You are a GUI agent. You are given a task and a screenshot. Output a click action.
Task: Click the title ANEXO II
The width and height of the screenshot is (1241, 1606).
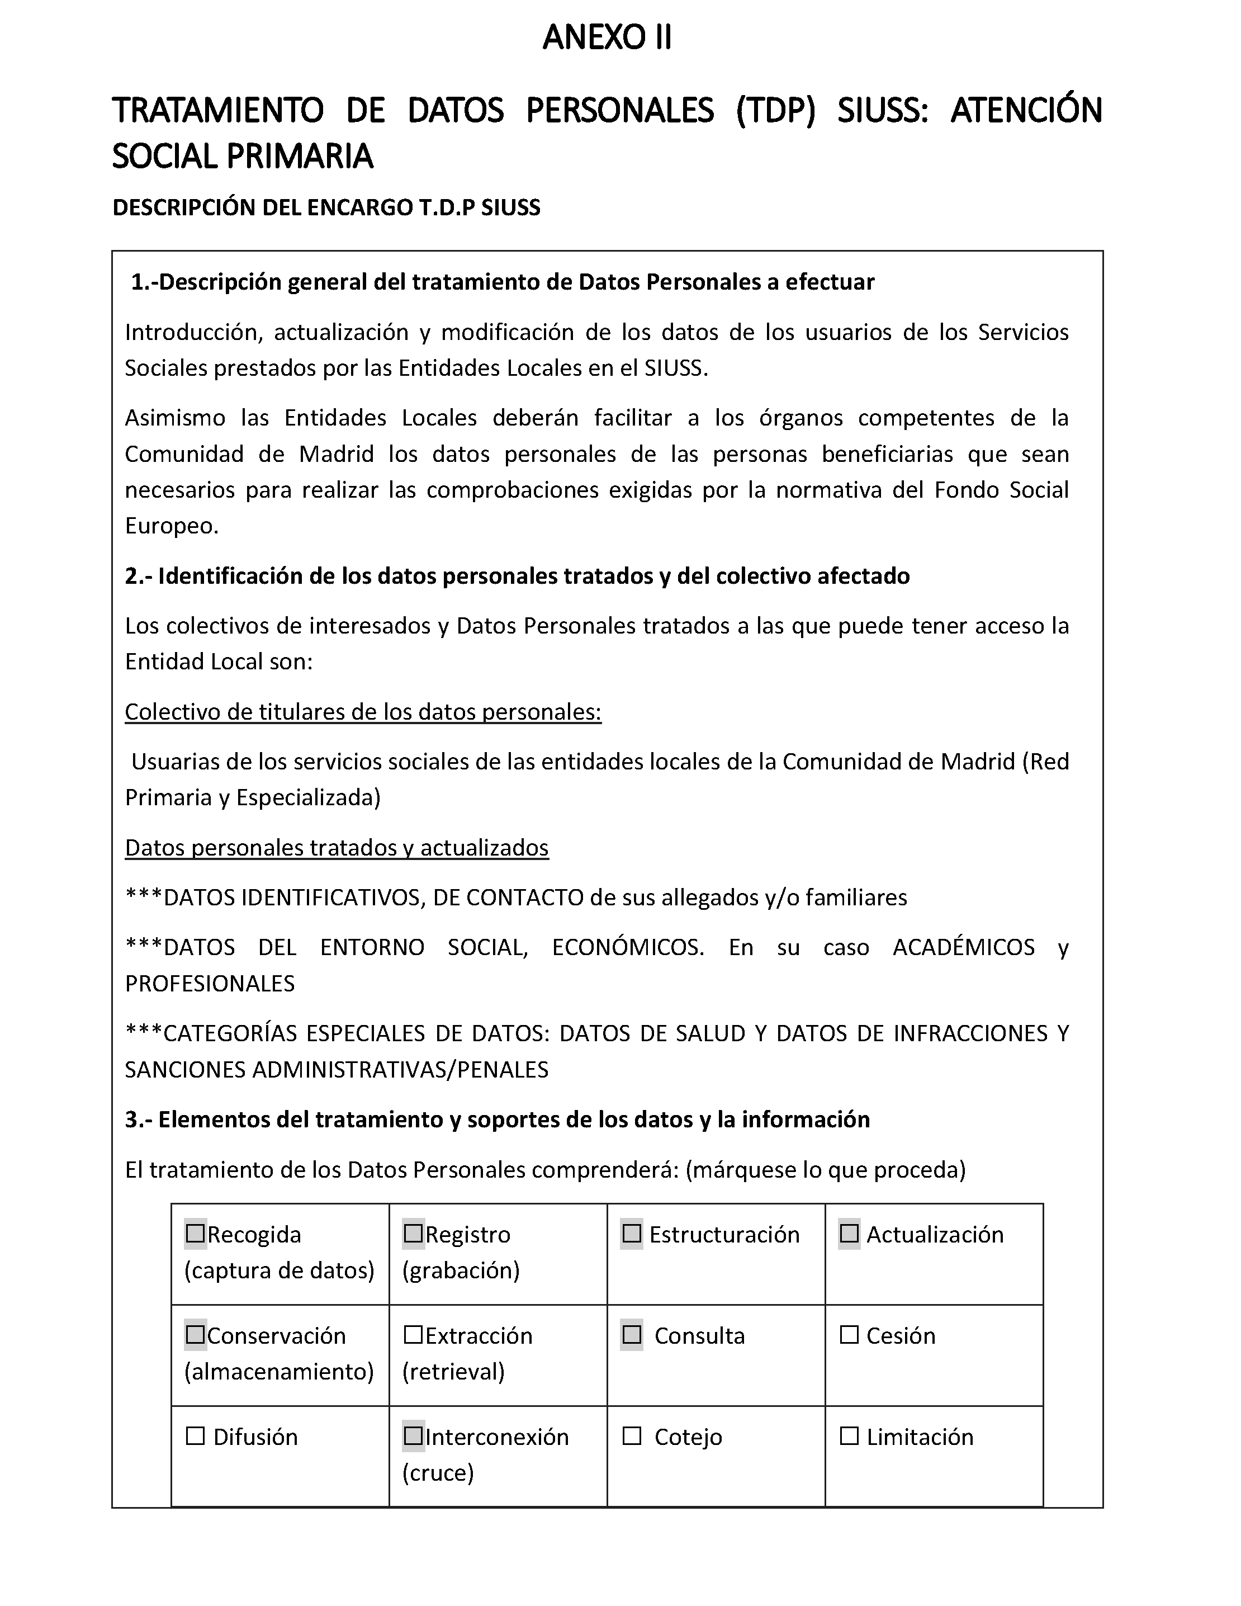tap(607, 37)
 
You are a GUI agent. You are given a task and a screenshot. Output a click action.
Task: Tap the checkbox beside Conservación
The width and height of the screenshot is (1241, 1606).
tap(196, 1335)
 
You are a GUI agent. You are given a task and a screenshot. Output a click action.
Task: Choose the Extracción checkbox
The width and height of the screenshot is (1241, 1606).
tap(414, 1335)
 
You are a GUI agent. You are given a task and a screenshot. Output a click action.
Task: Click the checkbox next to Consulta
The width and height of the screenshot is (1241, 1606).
tap(632, 1335)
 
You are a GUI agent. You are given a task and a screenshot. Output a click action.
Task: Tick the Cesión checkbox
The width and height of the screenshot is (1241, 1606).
tap(849, 1335)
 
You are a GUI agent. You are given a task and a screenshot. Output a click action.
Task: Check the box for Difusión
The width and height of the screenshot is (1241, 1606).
tap(196, 1436)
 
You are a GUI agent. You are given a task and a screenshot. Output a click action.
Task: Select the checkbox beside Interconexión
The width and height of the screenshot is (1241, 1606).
tap(414, 1436)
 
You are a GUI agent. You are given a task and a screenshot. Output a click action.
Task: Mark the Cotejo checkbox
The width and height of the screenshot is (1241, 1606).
tap(632, 1436)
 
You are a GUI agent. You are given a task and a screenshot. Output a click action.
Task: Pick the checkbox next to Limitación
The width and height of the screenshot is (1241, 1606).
tap(849, 1436)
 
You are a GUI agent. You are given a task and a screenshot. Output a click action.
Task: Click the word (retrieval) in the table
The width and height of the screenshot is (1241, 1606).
tap(453, 1372)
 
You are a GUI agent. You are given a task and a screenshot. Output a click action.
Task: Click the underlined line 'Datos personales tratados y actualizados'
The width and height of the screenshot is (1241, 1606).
tap(337, 847)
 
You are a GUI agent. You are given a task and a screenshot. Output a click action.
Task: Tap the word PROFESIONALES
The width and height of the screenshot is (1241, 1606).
tap(210, 983)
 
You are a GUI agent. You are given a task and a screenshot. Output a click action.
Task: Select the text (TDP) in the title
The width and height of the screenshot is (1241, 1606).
tap(776, 110)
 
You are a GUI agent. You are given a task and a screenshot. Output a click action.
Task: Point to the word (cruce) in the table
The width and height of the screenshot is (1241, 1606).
tap(438, 1473)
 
